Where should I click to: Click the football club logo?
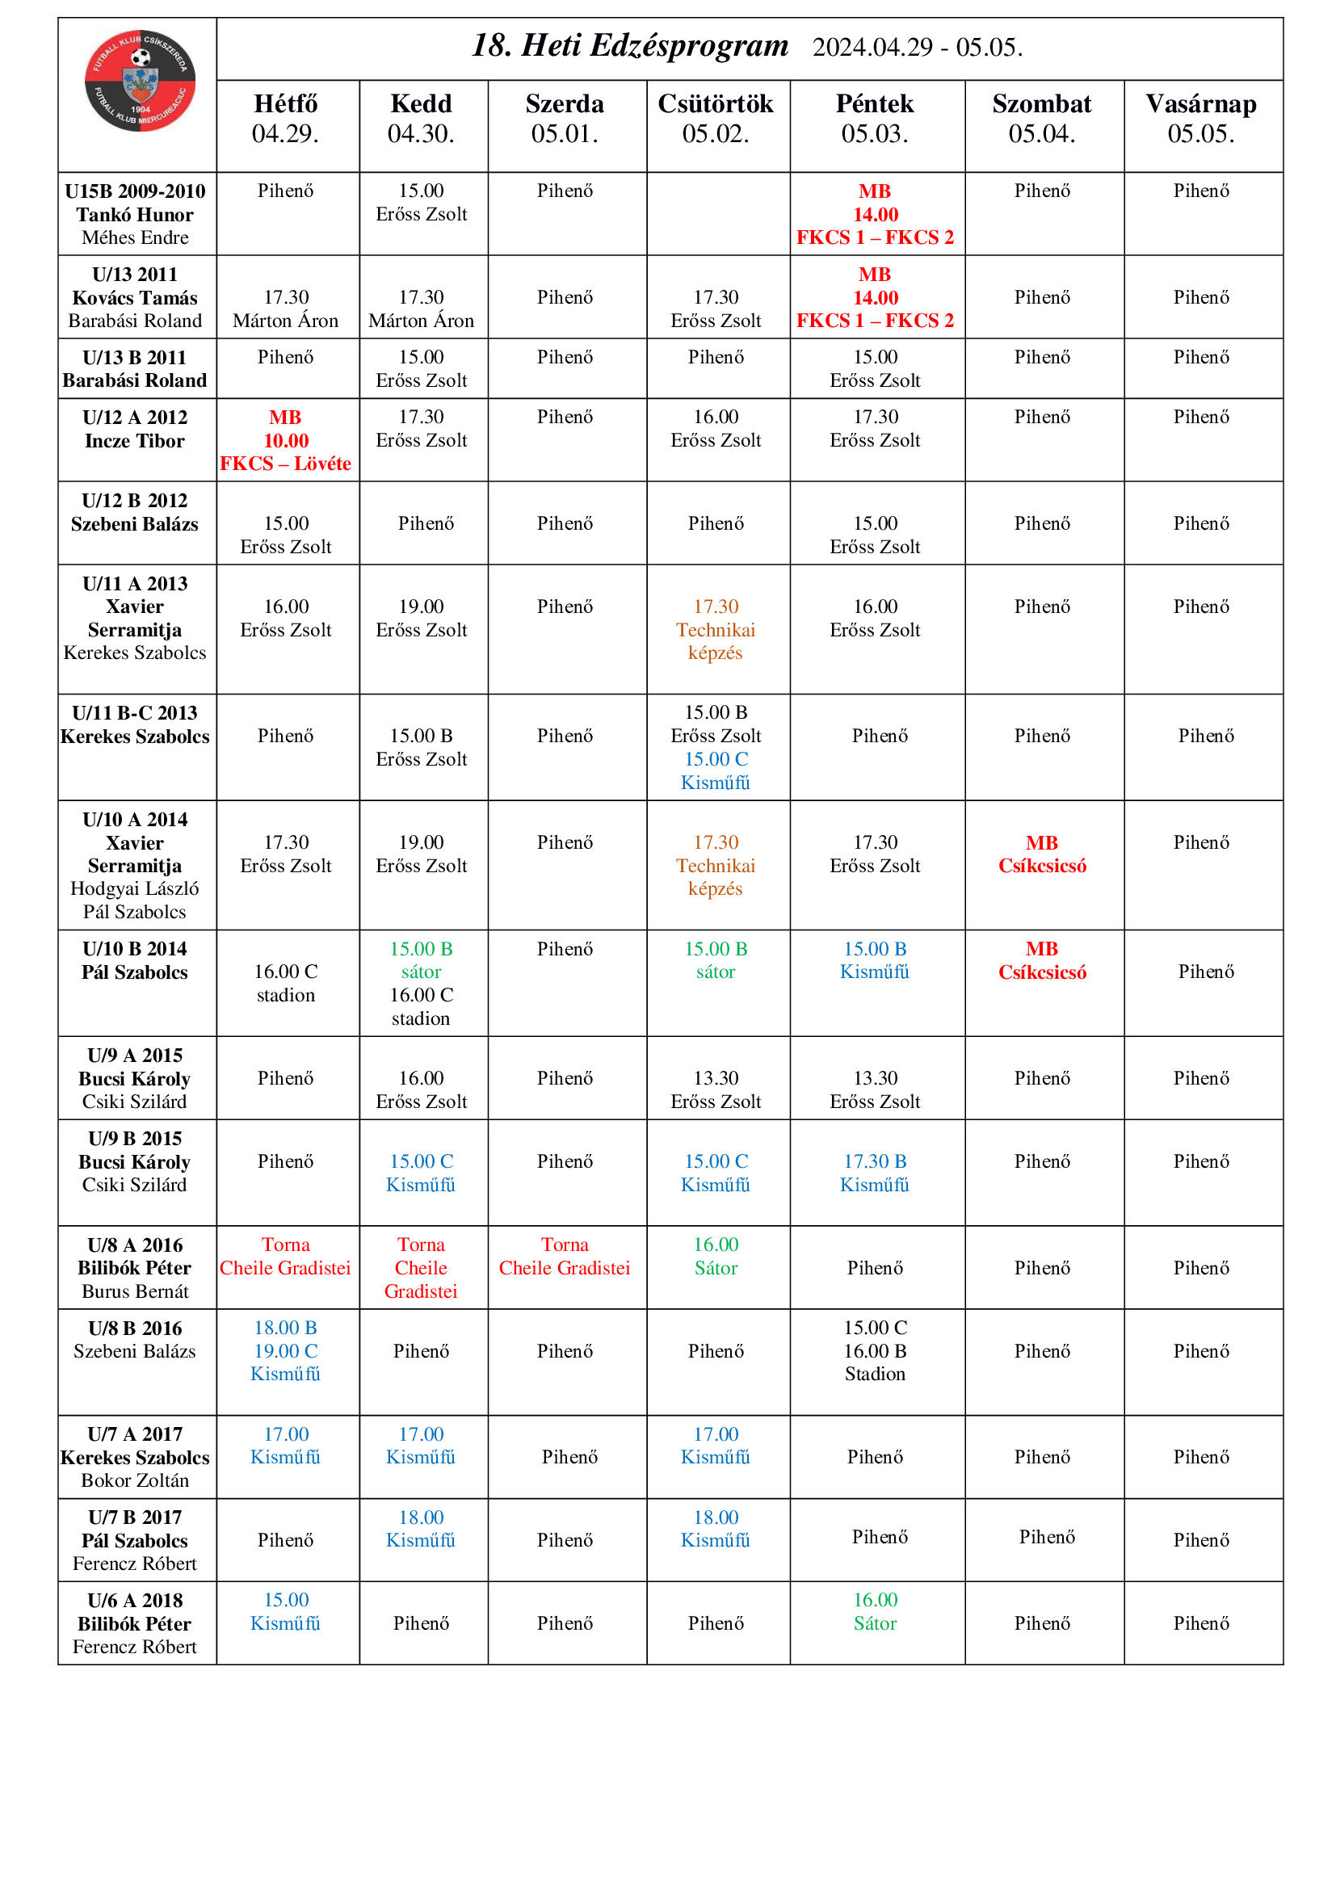coord(140,81)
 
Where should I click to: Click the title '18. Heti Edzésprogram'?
coord(629,46)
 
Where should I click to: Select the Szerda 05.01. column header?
coord(565,119)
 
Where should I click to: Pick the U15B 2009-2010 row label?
coord(135,214)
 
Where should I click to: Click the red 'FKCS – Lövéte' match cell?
coord(285,441)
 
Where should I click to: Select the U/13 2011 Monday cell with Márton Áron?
coord(285,309)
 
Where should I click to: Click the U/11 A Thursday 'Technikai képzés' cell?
coord(716,629)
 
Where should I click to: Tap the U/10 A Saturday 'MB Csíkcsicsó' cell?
coord(1041,854)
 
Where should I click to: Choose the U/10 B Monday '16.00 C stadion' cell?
coord(285,983)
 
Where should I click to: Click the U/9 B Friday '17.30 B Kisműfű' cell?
coord(875,1173)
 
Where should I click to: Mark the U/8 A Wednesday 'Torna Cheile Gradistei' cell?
coord(565,1257)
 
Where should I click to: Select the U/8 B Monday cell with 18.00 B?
coord(285,1350)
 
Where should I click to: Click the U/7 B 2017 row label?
coord(135,1540)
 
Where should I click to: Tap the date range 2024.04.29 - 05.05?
coord(918,48)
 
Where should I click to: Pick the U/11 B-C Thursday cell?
coord(716,747)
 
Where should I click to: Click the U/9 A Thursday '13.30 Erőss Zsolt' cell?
coord(716,1089)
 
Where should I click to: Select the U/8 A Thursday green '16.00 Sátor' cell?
coord(716,1257)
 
